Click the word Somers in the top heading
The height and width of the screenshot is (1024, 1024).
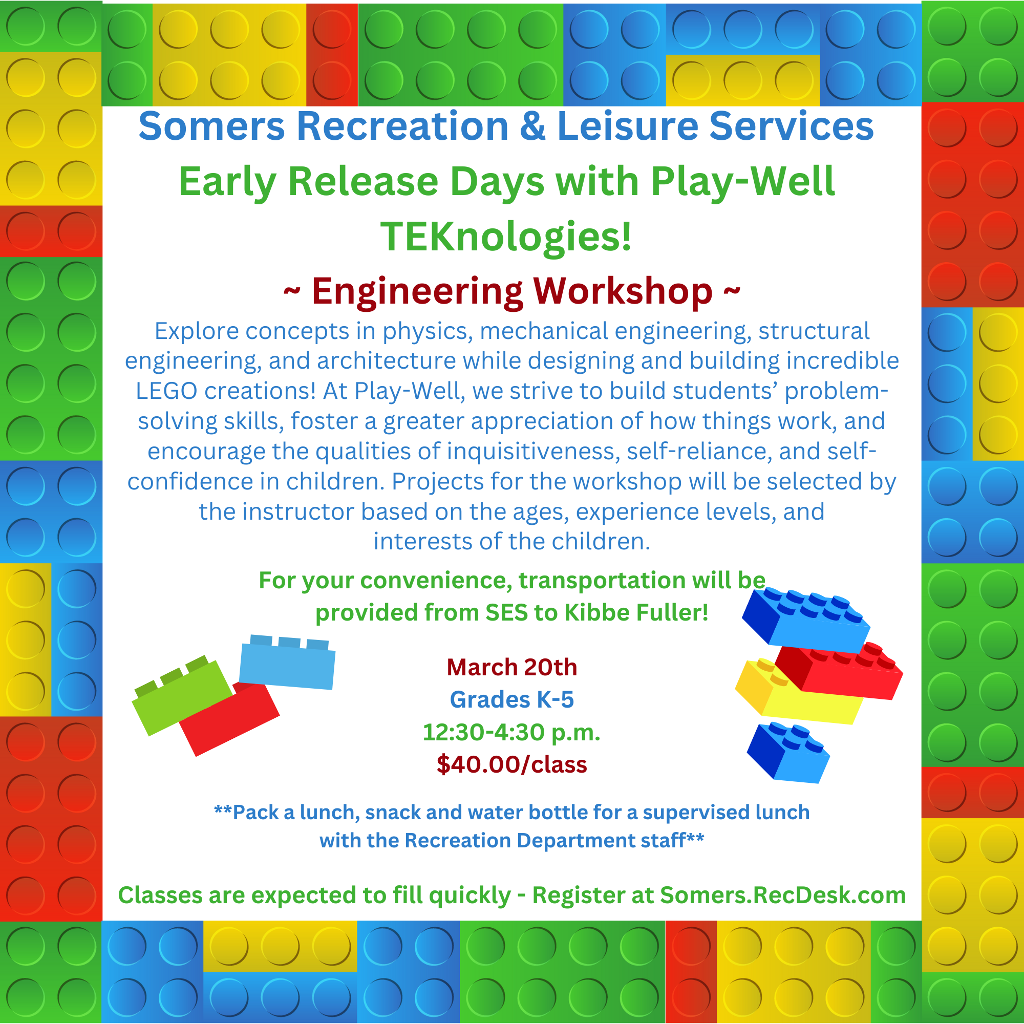[211, 126]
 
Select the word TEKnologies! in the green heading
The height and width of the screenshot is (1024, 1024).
[506, 237]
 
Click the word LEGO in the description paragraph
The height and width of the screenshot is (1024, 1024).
[166, 391]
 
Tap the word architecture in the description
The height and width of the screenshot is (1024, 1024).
[387, 361]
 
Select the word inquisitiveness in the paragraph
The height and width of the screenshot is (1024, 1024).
[534, 452]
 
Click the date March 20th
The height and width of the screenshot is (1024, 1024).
[512, 667]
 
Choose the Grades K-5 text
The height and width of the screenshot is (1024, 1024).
[512, 699]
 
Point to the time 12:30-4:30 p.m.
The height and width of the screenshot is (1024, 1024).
[511, 733]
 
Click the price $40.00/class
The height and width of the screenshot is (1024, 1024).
[512, 765]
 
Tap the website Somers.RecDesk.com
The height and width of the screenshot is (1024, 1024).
[783, 895]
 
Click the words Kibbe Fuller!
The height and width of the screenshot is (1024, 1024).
[636, 613]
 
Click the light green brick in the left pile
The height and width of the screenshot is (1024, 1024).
[180, 697]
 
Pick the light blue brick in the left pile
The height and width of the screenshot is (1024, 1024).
[287, 663]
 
